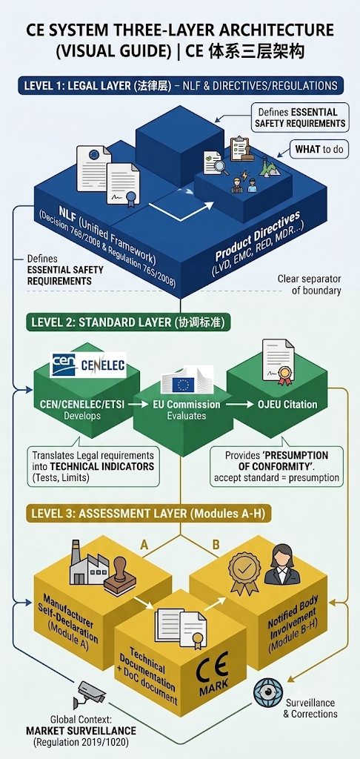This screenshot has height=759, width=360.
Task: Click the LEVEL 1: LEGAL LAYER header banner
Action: tap(180, 86)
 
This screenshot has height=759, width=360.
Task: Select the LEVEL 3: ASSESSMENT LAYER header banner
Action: tap(148, 513)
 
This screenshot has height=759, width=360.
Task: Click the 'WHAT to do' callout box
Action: tap(319, 150)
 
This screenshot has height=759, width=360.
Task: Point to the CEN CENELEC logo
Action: tap(87, 365)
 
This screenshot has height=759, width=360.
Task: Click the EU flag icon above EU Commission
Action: tap(184, 384)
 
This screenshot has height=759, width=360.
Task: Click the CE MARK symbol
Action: tap(213, 676)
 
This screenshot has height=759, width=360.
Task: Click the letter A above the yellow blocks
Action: tap(144, 545)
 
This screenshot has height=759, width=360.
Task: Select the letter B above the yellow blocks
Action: tap(216, 545)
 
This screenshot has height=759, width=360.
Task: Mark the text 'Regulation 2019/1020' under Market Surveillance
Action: tap(81, 741)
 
